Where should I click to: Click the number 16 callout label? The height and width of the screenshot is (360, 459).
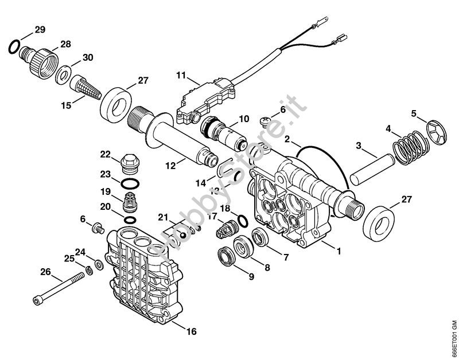[x=191, y=331]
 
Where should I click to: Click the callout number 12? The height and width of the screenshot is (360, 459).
[x=170, y=165]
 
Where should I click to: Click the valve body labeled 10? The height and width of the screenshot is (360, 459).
[x=227, y=134]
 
